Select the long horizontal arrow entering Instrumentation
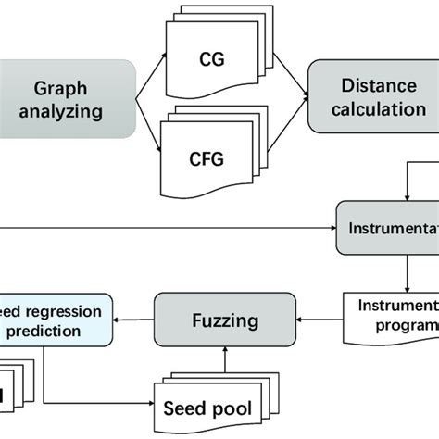(167, 229)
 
